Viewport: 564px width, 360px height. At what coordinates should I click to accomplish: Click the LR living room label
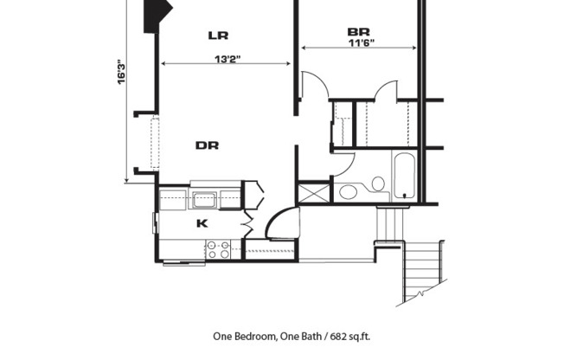(217, 35)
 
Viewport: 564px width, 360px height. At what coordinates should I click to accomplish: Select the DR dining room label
(206, 145)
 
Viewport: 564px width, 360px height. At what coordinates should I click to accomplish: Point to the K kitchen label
(202, 223)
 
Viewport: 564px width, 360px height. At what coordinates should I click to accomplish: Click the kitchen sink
(205, 199)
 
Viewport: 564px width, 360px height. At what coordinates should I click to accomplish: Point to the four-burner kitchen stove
(219, 250)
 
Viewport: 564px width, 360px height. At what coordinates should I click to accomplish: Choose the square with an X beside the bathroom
(313, 192)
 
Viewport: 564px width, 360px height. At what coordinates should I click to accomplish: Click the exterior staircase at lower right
(425, 271)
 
